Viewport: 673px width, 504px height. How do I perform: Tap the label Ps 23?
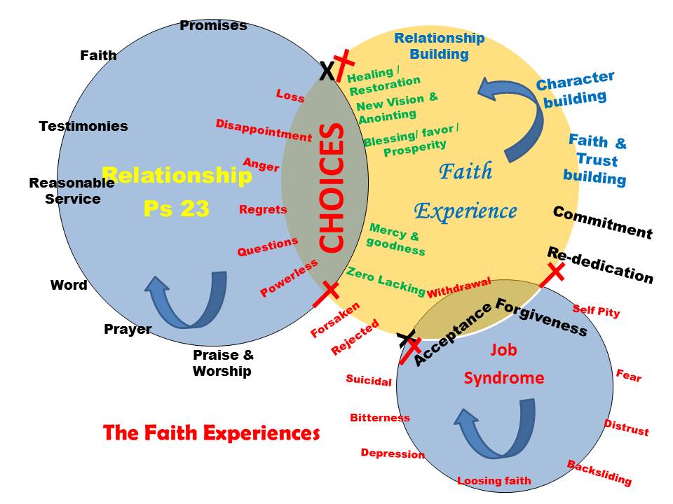tap(177, 209)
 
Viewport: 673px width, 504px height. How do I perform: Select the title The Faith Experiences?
tap(211, 433)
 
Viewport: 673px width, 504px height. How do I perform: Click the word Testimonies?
tap(83, 127)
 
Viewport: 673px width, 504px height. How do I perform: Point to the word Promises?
tap(213, 26)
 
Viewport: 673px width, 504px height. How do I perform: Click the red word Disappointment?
tap(264, 131)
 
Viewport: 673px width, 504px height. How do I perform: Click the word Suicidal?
tap(369, 381)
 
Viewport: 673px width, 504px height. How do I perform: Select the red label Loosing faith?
tap(494, 481)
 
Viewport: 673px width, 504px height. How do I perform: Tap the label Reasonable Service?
tap(72, 190)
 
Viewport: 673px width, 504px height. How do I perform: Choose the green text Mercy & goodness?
tap(395, 239)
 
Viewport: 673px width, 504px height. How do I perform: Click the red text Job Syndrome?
tap(503, 364)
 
